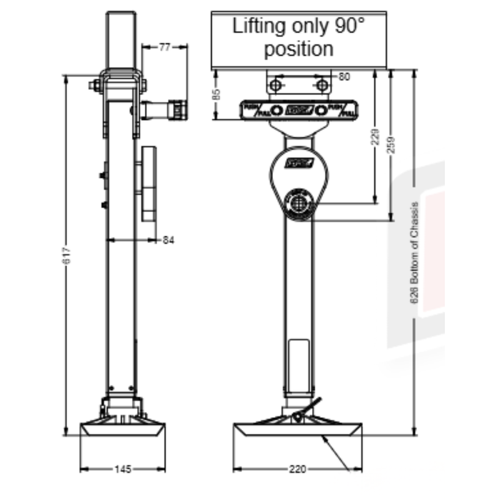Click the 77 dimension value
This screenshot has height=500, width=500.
(x=165, y=47)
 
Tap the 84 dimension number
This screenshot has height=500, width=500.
(x=169, y=240)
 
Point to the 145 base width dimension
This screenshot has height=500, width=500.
(x=122, y=469)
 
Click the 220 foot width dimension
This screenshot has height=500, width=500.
(x=298, y=469)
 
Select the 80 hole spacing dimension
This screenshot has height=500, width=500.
(x=344, y=76)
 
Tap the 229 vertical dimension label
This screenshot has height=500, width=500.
(x=376, y=136)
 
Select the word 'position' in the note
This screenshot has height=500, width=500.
(x=299, y=49)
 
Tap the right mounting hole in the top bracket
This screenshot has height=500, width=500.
(x=322, y=86)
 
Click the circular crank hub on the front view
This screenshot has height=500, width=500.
(x=299, y=203)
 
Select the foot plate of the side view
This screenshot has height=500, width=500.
(x=123, y=429)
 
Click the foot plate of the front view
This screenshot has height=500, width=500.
(x=299, y=430)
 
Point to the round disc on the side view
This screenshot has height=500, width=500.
(x=148, y=184)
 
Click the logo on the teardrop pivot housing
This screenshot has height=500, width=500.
(x=298, y=163)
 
